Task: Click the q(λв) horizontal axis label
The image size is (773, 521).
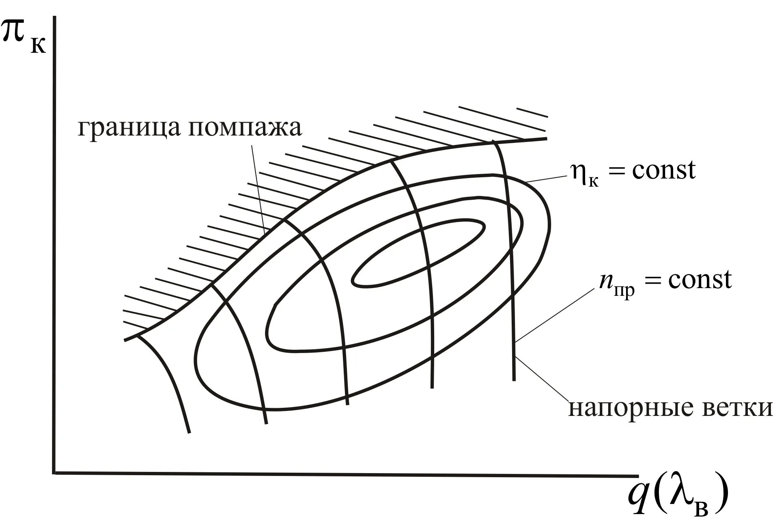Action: (x=677, y=499)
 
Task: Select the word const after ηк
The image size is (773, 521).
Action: (x=663, y=170)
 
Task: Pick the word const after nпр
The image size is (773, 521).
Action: (x=700, y=280)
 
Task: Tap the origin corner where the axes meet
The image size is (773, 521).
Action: (x=54, y=472)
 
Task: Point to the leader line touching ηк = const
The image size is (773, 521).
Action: (x=546, y=179)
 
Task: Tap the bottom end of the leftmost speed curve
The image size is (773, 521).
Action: (x=189, y=432)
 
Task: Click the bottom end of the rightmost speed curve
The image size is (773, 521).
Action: (x=514, y=379)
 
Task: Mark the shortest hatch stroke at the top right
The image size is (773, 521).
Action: (x=532, y=112)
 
